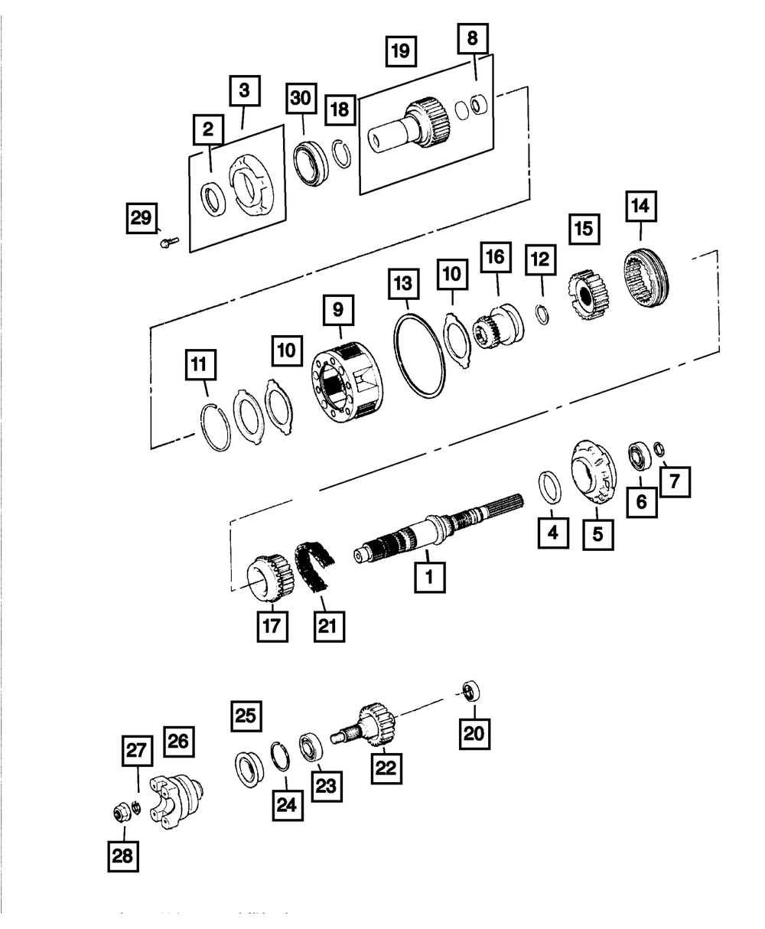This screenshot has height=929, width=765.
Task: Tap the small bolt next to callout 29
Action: (x=168, y=243)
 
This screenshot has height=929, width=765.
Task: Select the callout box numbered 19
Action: (x=400, y=52)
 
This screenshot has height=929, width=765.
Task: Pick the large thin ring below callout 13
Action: (x=419, y=356)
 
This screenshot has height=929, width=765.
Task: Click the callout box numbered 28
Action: (x=122, y=856)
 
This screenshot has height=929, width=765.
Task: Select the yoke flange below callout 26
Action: (x=177, y=803)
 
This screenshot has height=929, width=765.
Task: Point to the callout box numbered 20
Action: (x=474, y=733)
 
